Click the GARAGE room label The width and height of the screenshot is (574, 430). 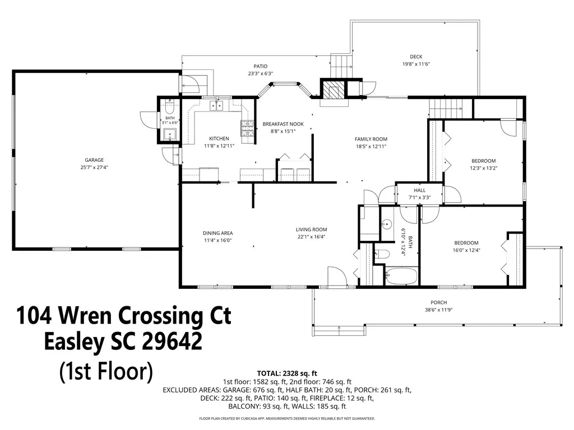pos(94,160)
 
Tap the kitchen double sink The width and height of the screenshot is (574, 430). pos(216,106)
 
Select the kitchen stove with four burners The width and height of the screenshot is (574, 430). pos(247,128)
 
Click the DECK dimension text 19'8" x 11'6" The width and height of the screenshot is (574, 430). pos(416,64)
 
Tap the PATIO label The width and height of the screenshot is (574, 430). pos(260,66)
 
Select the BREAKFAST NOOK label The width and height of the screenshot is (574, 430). pos(283,124)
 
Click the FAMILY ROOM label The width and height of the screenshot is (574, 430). pos(371,139)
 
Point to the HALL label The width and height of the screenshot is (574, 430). pos(419,190)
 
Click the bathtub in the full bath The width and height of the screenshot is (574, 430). pos(401,276)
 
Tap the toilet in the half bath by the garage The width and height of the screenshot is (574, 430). pos(169,108)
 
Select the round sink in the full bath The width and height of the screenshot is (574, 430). pos(387,224)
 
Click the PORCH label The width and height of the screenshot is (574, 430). pos(438,302)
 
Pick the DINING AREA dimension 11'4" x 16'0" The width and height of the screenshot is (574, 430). pos(218,240)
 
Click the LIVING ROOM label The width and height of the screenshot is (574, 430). pos(311,230)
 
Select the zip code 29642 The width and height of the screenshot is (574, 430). pos(172,341)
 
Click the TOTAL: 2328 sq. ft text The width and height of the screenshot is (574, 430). pos(287,373)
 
